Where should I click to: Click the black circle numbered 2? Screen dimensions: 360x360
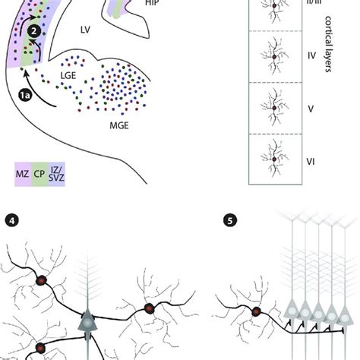(x=36, y=31)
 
